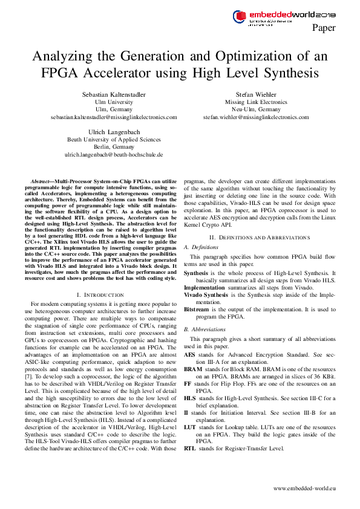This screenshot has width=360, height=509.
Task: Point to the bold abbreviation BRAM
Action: click(194, 368)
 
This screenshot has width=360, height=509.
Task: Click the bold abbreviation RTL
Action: click(190, 449)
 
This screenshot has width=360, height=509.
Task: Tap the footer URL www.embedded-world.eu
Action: click(304, 487)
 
